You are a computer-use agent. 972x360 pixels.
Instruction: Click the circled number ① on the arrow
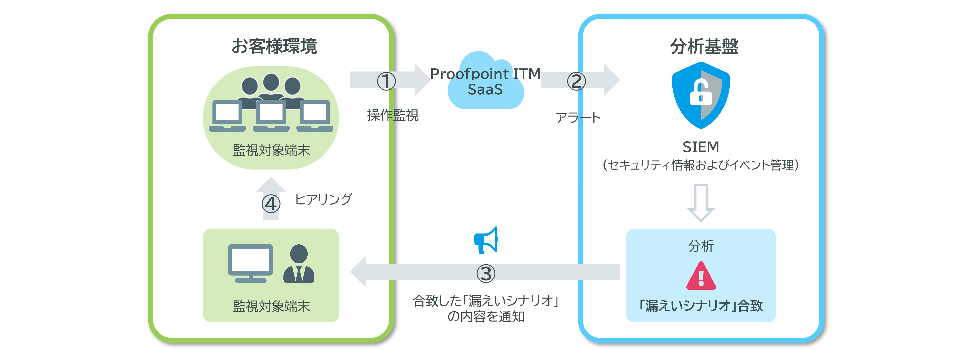point(386,81)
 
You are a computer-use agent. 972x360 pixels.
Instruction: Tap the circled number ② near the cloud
point(576,81)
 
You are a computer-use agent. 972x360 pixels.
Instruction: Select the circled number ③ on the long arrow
point(486,273)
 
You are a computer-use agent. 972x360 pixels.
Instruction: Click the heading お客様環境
point(274,46)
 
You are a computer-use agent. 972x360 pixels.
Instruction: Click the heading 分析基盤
point(704,46)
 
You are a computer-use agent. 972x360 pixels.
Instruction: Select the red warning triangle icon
point(701,277)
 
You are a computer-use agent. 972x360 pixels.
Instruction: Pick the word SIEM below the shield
point(701,147)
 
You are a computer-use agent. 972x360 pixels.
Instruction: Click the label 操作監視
point(392,115)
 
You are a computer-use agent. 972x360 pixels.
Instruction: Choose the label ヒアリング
point(323,199)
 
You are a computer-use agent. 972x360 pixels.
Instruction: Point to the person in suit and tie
point(299,264)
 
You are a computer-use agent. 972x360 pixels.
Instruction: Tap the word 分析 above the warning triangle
point(701,246)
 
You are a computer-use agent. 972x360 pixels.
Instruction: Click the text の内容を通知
point(486,316)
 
